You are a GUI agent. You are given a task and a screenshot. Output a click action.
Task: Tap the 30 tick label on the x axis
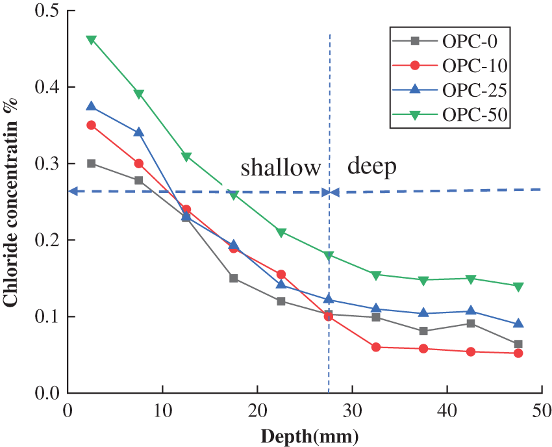pos(352,411)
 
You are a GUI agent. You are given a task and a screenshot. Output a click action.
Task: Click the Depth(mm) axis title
pos(309,436)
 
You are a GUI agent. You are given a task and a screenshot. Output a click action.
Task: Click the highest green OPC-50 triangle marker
pos(92,40)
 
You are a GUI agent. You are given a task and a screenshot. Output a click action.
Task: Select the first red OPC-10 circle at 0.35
pos(92,125)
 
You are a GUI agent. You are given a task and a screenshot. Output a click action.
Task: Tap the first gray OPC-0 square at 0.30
pos(92,164)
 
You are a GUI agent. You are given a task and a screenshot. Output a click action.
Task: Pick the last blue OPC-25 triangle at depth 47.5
pos(518,324)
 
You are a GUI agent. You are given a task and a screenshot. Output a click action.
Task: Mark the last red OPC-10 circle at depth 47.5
pos(518,353)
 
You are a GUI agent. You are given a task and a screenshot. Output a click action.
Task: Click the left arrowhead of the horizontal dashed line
pos(72,191)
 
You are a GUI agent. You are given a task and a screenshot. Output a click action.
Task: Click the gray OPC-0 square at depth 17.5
pos(234,278)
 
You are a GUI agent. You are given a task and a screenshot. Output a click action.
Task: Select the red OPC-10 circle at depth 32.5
pos(376,347)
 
